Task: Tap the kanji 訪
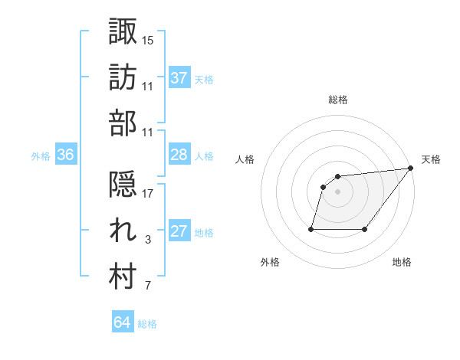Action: coord(123,77)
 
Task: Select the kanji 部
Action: coord(123,123)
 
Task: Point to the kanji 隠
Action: coord(123,185)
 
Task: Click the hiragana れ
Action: coord(123,231)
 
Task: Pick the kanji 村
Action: coord(123,277)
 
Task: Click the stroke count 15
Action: coord(148,40)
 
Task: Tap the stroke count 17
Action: coord(148,194)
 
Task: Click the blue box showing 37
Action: coord(179,77)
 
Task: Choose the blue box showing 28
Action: coord(179,155)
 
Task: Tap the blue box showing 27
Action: coord(179,232)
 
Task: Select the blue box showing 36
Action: coord(65,155)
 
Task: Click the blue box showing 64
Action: coord(122,322)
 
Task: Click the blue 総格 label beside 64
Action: coord(147,324)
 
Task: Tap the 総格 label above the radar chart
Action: coord(337,100)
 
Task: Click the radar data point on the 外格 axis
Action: coord(311,228)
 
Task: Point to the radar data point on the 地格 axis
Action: coord(364,228)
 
